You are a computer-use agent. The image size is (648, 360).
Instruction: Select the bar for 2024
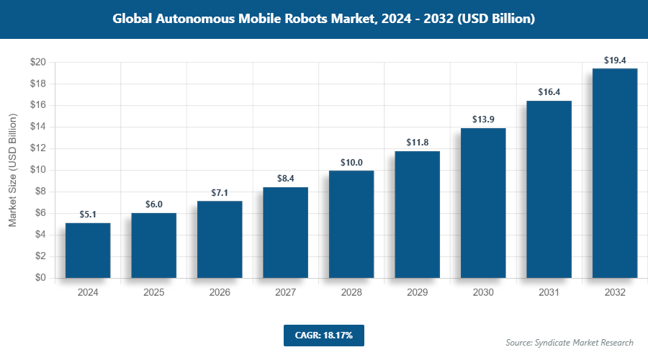(88, 251)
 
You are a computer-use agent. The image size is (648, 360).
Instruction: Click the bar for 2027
(285, 233)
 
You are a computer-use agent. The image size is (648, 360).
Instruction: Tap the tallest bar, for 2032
(615, 173)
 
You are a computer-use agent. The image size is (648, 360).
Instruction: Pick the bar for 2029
(417, 215)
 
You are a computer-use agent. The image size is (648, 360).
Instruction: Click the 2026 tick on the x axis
(220, 293)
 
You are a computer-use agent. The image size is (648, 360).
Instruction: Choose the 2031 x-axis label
(549, 293)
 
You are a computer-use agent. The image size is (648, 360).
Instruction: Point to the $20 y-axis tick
(38, 63)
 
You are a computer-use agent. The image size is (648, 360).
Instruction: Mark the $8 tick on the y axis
(40, 192)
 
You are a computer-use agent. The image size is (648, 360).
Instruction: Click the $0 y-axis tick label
(40, 278)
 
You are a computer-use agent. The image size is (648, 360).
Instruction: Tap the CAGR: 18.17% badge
(323, 335)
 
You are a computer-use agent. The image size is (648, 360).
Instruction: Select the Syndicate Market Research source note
(570, 342)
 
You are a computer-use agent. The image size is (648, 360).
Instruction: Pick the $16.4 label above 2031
(549, 91)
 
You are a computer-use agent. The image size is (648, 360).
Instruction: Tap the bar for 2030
(483, 203)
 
